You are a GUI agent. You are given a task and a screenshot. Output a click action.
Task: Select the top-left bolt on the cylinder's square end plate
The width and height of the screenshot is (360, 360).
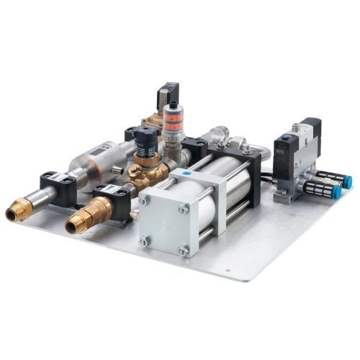(144, 200)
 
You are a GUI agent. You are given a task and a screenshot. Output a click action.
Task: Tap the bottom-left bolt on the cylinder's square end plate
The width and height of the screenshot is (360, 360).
(143, 241)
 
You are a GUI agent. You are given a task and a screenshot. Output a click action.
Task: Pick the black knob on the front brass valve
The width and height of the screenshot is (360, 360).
(145, 137)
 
